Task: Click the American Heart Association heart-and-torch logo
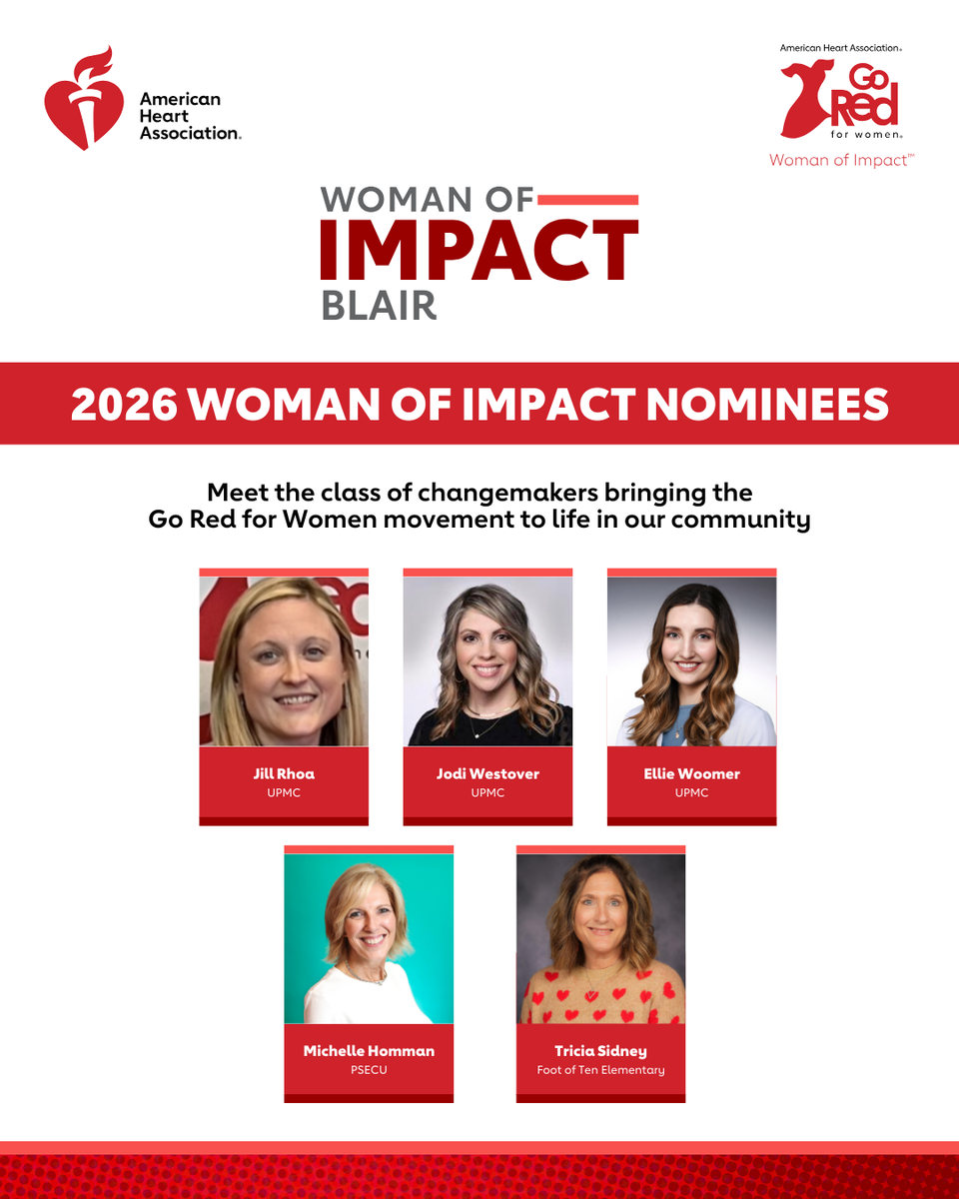click(84, 99)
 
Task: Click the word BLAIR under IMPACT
click(379, 306)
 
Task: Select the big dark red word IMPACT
click(479, 249)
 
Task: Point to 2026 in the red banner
click(124, 404)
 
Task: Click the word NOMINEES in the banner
click(767, 404)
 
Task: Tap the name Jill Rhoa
click(284, 774)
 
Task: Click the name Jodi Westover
click(487, 774)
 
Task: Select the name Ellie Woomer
click(691, 774)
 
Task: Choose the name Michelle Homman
click(369, 1051)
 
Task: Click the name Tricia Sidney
click(600, 1051)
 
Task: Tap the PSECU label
click(369, 1070)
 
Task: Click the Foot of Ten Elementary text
click(600, 1070)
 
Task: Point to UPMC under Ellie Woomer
click(691, 792)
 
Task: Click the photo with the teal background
click(369, 938)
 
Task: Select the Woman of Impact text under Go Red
click(841, 161)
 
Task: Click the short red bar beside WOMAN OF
click(587, 201)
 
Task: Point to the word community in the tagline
click(740, 521)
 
